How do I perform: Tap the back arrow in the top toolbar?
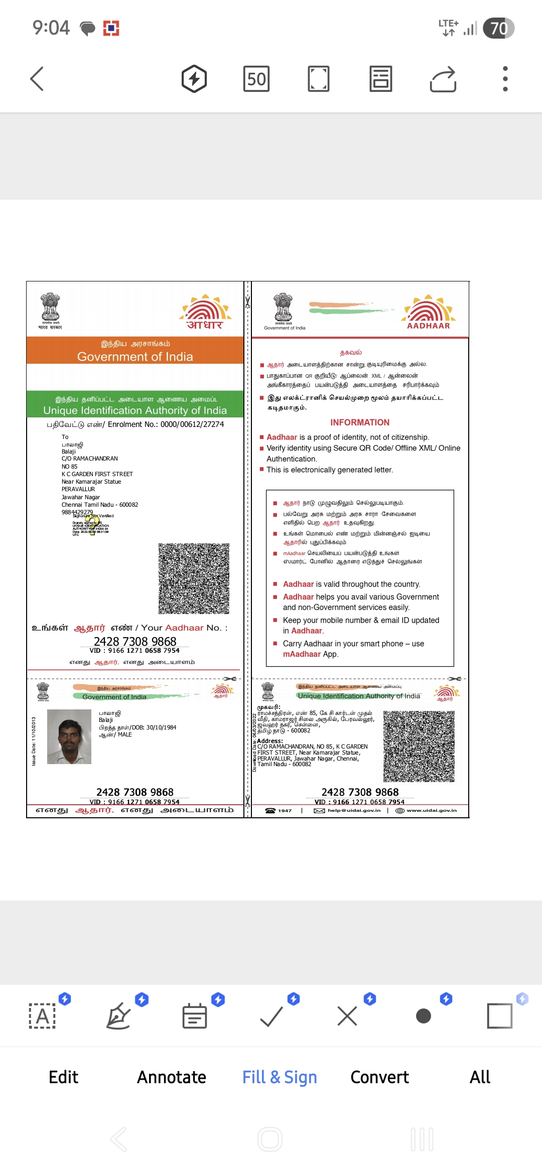[x=37, y=79]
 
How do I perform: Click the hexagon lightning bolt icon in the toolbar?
[x=194, y=79]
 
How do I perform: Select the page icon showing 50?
[x=256, y=79]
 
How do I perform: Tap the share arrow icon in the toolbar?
[x=443, y=79]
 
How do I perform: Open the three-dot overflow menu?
[x=505, y=79]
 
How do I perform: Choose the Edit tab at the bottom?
[x=63, y=1077]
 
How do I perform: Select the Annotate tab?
[x=172, y=1077]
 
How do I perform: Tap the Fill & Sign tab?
[x=280, y=1077]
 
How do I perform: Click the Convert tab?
[x=379, y=1077]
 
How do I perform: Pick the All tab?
[x=480, y=1077]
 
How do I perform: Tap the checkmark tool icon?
[x=272, y=1016]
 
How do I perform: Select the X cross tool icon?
[x=347, y=1016]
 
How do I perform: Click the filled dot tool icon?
[x=424, y=1016]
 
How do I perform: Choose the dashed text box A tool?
[x=43, y=1016]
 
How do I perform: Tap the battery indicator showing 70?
[x=498, y=28]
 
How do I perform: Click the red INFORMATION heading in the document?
[x=360, y=422]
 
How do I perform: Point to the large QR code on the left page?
[x=194, y=578]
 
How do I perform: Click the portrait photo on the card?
[x=69, y=737]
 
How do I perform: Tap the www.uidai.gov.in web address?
[x=431, y=810]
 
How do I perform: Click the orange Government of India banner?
[x=135, y=351]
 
